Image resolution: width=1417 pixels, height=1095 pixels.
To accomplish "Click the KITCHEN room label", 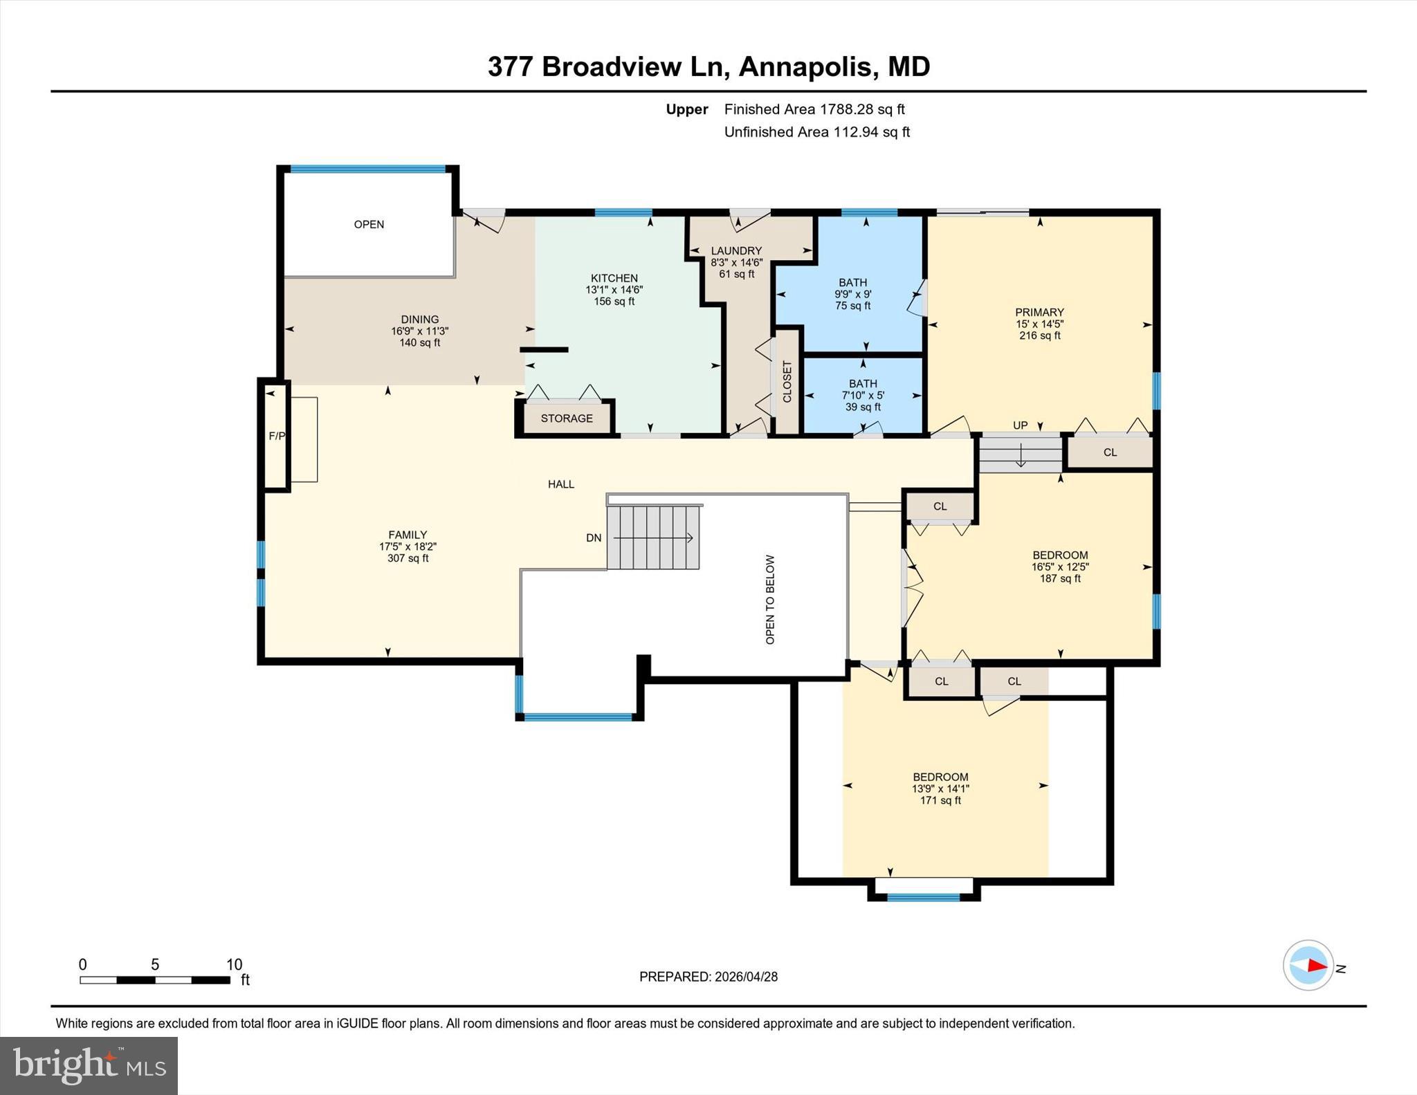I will point(614,278).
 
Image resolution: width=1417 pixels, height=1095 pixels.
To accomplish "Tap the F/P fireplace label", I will point(277,436).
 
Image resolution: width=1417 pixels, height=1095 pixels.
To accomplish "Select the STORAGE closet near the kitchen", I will point(567,418).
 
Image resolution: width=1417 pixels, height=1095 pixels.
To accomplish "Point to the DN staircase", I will point(653,537).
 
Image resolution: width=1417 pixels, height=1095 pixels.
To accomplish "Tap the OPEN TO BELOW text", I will point(770,599).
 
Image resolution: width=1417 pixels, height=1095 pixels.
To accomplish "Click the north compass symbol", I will point(1308,965).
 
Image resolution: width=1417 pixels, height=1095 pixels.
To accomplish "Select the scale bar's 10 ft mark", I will point(234,964).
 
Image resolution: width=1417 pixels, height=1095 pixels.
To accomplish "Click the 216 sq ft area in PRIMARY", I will point(1039,335).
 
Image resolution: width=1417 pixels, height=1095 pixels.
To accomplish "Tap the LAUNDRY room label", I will point(736,250).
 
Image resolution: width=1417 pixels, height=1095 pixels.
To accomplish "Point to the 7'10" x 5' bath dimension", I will point(863,395).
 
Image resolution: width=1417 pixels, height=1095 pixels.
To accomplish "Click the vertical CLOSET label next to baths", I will point(787,382).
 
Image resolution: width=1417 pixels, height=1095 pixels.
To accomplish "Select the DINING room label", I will point(419,320).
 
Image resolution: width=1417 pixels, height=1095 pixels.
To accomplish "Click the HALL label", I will point(561,484).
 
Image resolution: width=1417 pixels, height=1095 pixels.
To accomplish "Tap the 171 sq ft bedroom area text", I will point(940,800).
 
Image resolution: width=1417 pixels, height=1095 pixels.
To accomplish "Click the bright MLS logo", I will point(89,1065).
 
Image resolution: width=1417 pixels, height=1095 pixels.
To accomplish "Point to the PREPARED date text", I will point(708,977).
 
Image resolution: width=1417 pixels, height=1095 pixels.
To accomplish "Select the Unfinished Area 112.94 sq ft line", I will point(816,132).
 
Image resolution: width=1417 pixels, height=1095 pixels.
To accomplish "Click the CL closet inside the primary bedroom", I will point(1110,452).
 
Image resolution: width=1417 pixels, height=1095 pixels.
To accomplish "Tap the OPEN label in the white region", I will point(369,224).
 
